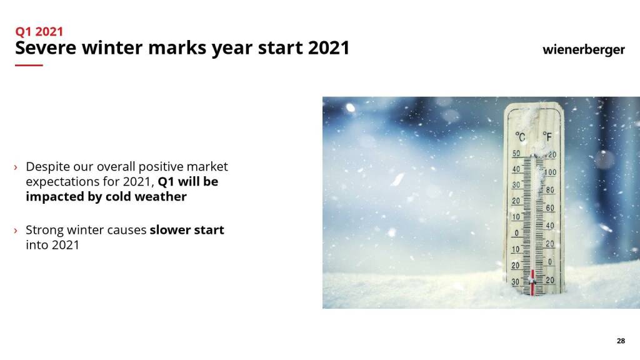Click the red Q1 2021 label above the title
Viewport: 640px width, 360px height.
[x=39, y=31]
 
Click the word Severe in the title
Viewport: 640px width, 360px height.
[x=46, y=47]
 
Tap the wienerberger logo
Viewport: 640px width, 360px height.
[x=583, y=50]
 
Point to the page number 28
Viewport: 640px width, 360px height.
[x=621, y=341]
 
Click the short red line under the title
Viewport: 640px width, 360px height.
[x=29, y=65]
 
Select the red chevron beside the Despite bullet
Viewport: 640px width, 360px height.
[x=16, y=167]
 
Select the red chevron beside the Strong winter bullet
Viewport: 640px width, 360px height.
[x=16, y=231]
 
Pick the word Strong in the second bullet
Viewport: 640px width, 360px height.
[x=44, y=230]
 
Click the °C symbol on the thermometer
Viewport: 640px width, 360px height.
[x=520, y=137]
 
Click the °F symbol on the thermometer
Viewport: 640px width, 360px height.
[x=547, y=136]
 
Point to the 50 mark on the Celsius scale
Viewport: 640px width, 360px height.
[x=516, y=154]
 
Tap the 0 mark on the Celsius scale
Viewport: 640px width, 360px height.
[x=517, y=233]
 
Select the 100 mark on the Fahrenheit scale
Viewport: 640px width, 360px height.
[x=550, y=172]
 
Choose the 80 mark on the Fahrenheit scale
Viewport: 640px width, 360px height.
[x=550, y=190]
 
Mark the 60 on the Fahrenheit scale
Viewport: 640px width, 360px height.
[x=550, y=207]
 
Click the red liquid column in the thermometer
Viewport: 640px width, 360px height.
[x=532, y=282]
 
